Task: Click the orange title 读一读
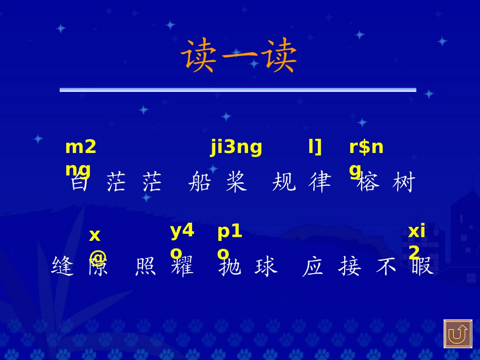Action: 239,56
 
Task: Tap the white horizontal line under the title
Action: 237,90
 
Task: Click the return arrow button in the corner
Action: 458,334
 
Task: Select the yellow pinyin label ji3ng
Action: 236,147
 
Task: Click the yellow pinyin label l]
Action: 315,147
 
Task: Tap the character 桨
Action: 236,182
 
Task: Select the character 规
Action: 283,182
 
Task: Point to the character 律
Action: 319,182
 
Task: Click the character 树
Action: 403,182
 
